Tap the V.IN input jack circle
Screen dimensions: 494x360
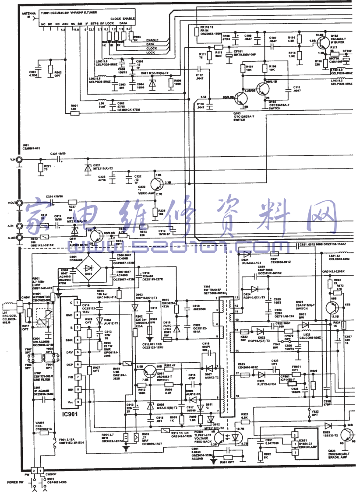point(19,160)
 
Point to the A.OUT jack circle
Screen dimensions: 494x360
point(19,238)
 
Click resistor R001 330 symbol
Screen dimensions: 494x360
point(74,112)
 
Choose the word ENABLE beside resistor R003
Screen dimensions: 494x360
point(152,40)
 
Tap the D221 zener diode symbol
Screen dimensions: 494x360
point(87,168)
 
